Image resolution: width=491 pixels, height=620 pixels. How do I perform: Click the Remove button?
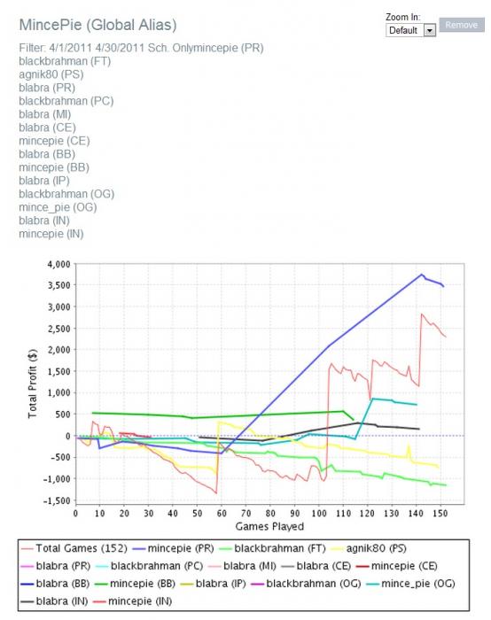click(x=462, y=25)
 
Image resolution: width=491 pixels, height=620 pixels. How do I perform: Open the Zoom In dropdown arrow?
click(x=429, y=30)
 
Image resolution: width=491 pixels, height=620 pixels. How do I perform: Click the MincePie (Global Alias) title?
click(x=97, y=25)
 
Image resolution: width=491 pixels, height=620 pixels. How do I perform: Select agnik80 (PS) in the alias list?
click(x=51, y=74)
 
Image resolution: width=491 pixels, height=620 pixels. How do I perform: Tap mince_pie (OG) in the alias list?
click(x=58, y=207)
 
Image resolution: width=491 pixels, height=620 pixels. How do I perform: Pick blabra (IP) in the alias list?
click(x=44, y=181)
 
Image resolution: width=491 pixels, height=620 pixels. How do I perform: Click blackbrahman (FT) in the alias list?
click(x=65, y=61)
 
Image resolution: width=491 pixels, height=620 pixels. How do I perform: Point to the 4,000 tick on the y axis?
click(x=59, y=264)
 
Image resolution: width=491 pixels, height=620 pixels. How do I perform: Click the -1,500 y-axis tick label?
click(x=57, y=500)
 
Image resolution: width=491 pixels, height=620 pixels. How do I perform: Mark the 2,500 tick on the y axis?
click(x=59, y=329)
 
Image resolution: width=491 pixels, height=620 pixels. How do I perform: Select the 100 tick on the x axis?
click(x=319, y=513)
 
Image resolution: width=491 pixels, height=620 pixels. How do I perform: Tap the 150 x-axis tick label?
click(x=440, y=513)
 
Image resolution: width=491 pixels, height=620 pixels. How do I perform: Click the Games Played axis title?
click(x=269, y=526)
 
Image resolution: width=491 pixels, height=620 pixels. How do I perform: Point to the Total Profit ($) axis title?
click(x=33, y=384)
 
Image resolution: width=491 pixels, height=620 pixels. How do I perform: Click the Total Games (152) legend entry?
click(x=74, y=548)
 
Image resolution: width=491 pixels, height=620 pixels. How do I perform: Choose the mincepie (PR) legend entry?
click(x=173, y=548)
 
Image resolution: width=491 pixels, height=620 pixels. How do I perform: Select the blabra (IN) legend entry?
click(x=54, y=601)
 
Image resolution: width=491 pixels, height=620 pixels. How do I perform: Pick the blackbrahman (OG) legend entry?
click(x=306, y=584)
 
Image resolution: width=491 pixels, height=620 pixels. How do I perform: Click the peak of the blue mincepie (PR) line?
click(x=422, y=274)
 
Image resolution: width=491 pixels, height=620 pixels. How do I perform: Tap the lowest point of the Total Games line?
click(x=216, y=493)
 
